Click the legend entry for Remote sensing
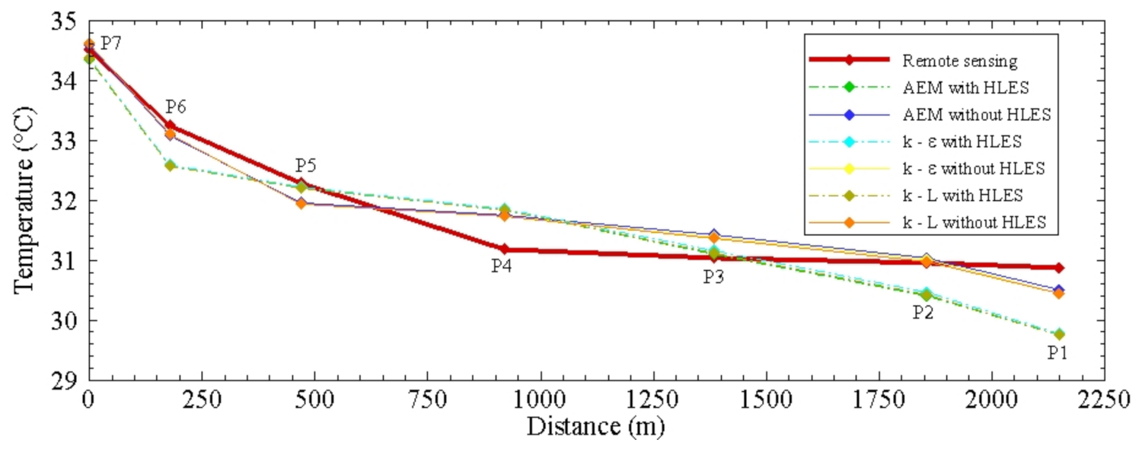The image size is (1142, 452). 959,60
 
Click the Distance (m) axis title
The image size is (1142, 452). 595,427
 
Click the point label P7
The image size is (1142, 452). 111,43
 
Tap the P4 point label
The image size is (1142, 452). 500,266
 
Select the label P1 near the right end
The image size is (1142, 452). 1057,352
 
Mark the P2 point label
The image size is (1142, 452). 923,312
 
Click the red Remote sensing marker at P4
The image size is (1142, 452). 503,249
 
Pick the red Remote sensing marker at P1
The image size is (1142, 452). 1058,268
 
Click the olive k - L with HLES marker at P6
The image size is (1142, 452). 170,165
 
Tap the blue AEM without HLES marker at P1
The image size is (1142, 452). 1058,290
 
